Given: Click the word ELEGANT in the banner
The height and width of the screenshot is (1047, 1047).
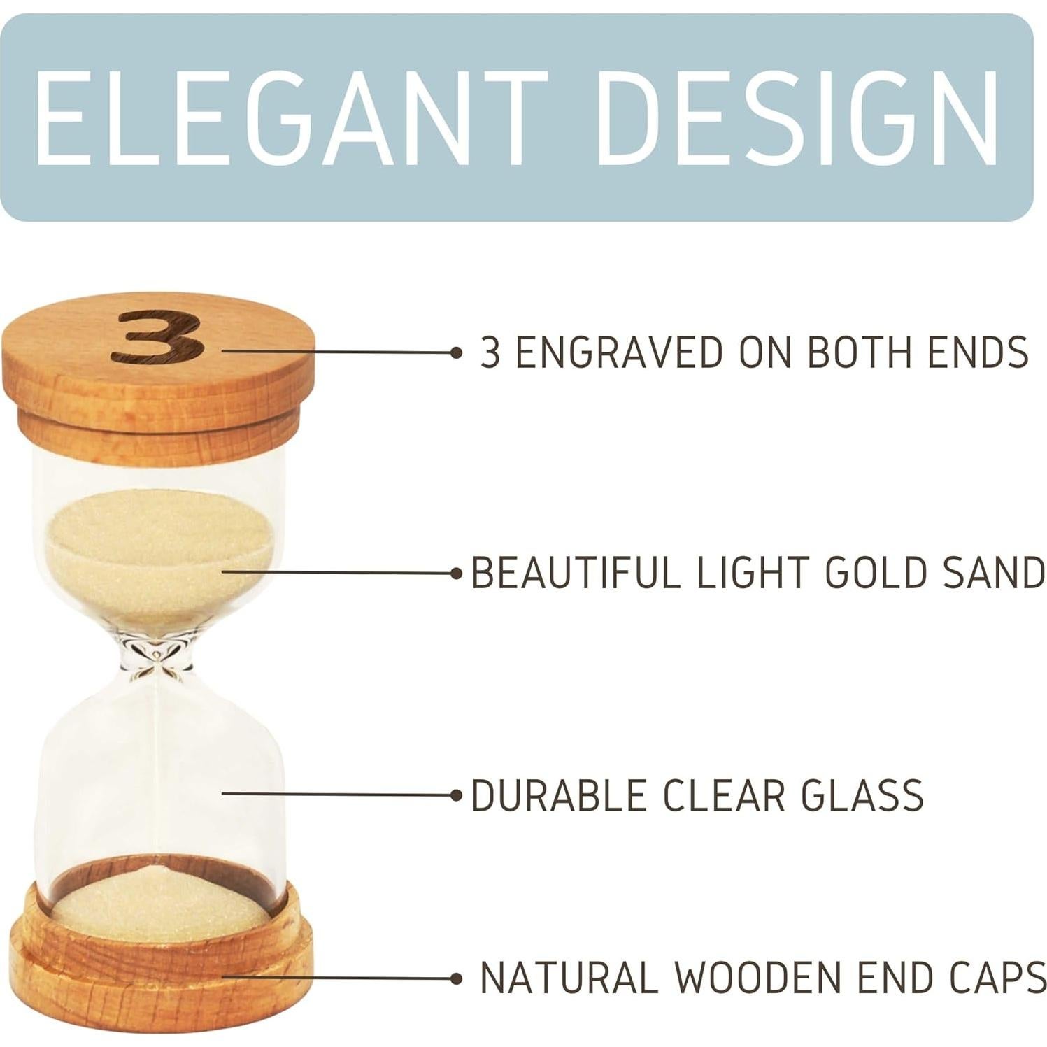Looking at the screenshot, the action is tap(290, 117).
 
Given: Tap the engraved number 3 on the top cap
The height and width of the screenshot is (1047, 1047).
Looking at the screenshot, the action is tap(160, 338).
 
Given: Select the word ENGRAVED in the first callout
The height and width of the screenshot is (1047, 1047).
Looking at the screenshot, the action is tap(620, 351).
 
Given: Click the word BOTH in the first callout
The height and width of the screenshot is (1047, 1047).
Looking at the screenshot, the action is tap(860, 351).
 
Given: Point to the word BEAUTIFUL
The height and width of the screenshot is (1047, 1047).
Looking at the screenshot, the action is tap(576, 572).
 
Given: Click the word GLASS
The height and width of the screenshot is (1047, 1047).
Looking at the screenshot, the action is tap(862, 795).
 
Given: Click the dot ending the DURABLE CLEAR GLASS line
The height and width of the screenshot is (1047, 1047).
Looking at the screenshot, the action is tap(457, 795).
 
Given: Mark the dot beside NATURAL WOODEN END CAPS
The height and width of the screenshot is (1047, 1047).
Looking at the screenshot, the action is tap(457, 977).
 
